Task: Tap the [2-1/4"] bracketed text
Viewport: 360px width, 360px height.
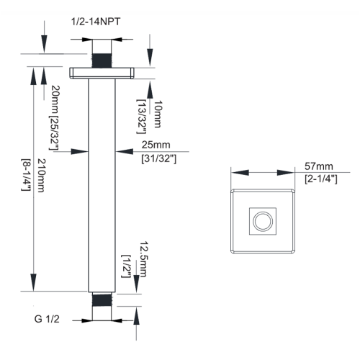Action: [322, 178]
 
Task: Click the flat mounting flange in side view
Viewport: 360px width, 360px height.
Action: [103, 73]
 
